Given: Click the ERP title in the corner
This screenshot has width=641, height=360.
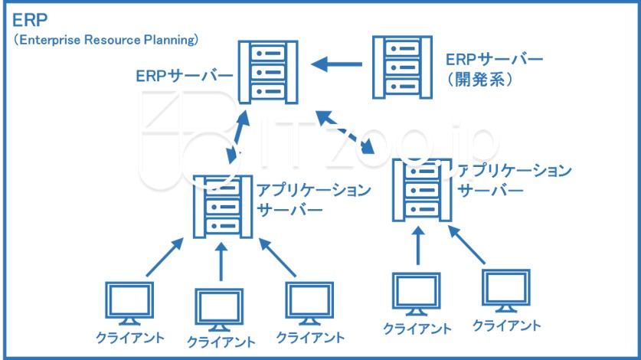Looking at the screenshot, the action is click(x=30, y=20).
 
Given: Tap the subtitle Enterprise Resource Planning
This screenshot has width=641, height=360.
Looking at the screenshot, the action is click(x=106, y=40).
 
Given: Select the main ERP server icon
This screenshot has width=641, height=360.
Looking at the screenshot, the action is click(x=268, y=72).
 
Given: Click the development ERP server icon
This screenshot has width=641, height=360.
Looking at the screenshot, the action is click(x=402, y=67).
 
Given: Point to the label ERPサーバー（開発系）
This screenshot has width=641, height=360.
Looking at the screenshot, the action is click(x=494, y=69).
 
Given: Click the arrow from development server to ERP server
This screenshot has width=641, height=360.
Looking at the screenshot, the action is click(x=336, y=64).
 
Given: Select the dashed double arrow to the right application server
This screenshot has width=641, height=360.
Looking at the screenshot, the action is click(x=345, y=132).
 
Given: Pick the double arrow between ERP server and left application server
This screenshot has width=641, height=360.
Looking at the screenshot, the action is click(x=238, y=136).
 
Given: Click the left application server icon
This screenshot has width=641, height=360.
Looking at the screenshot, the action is click(x=223, y=207).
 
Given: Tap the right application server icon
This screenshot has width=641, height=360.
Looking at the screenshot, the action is click(x=422, y=190).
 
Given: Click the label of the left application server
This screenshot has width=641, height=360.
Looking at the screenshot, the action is click(x=314, y=200).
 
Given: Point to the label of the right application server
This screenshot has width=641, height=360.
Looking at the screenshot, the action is click(x=515, y=180).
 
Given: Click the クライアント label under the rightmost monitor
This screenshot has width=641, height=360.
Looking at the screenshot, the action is click(x=507, y=326).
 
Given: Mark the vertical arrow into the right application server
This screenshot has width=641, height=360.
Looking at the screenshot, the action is click(x=418, y=246).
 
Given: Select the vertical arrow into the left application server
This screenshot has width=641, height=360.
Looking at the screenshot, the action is click(x=221, y=261).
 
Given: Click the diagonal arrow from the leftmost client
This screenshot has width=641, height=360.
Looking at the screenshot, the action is click(x=165, y=257).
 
